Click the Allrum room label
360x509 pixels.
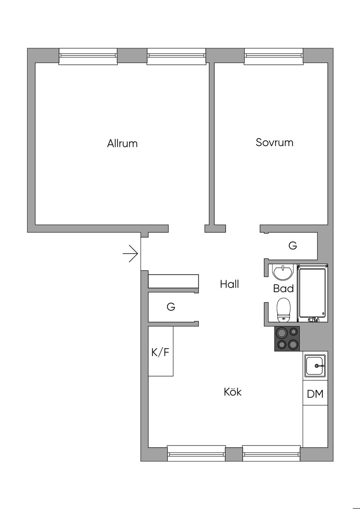point(122,143)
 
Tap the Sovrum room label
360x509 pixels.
point(274,142)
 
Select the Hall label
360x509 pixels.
point(229,284)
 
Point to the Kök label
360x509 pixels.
point(232,392)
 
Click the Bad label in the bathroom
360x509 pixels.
point(283,289)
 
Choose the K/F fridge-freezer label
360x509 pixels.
point(160,352)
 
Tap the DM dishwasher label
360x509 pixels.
point(315,394)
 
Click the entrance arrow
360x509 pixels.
point(130,253)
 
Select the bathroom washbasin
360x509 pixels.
point(283,272)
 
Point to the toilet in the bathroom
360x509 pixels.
point(283,310)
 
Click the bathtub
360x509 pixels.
point(313,293)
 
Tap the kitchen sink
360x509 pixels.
point(315,366)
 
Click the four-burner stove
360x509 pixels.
point(287,339)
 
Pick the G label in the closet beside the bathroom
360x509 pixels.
point(292,245)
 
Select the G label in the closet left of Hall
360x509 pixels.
point(171,307)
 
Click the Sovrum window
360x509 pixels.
point(274,56)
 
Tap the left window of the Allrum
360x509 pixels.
point(88,56)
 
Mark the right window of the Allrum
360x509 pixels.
point(176,56)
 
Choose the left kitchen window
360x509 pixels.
point(196,453)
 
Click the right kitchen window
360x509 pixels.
point(271,453)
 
